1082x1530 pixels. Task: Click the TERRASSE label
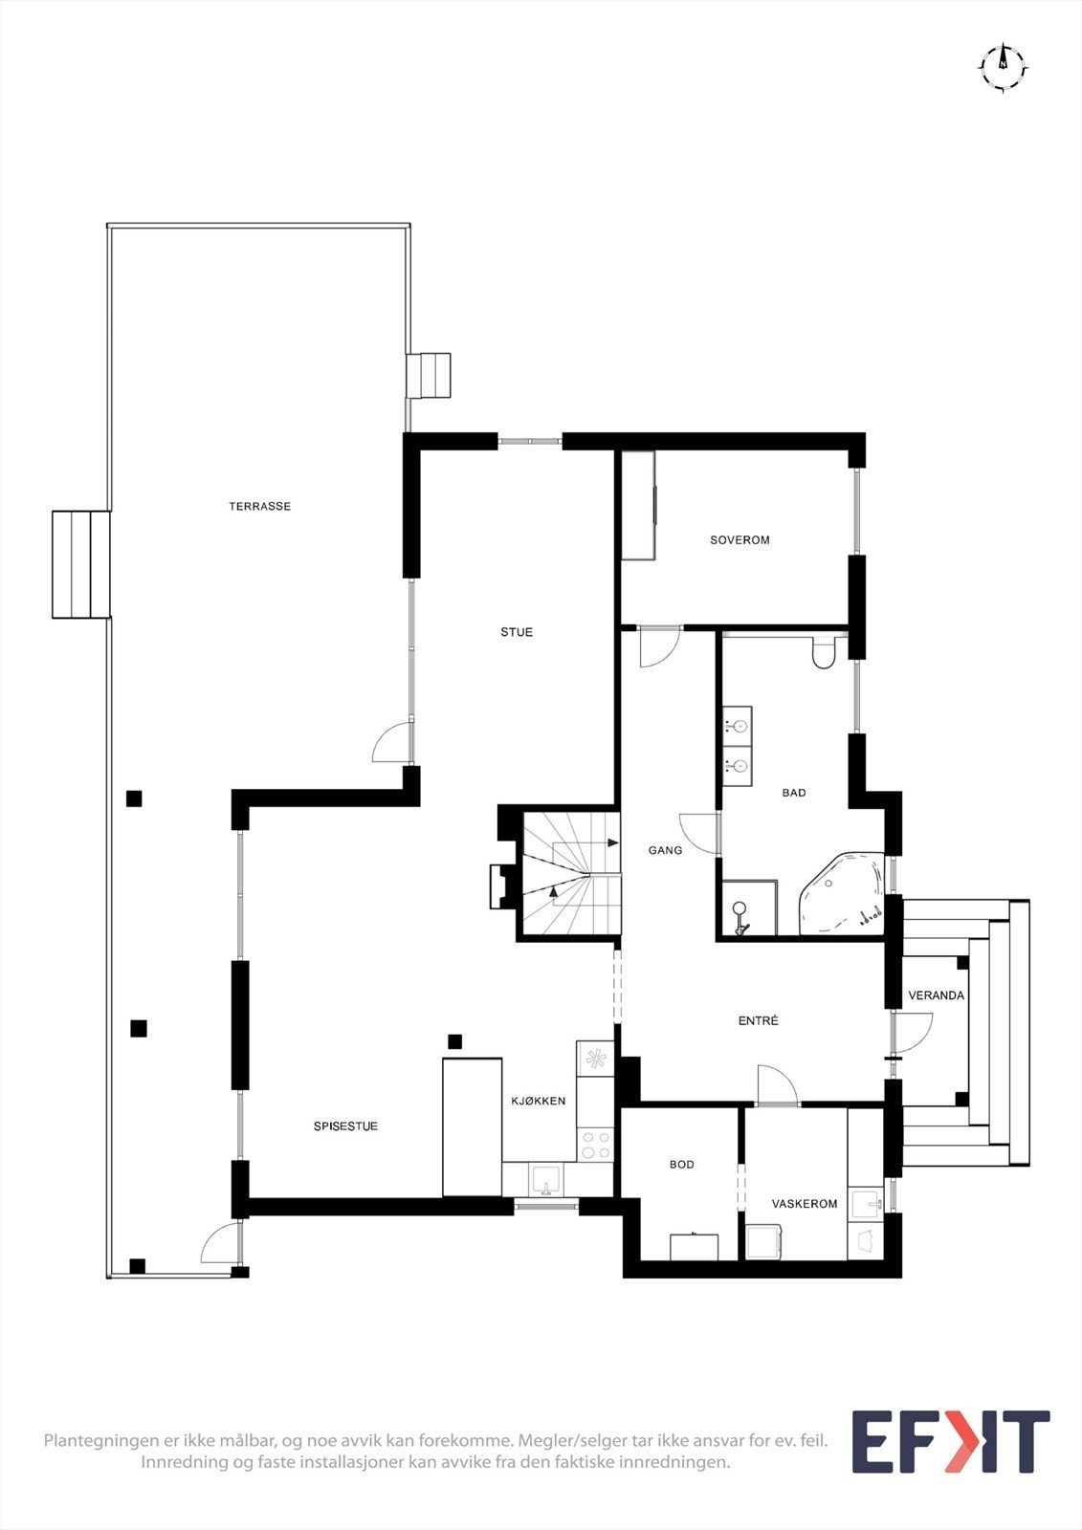(259, 506)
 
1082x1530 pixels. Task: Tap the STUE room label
(517, 632)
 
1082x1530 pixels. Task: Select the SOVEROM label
(740, 540)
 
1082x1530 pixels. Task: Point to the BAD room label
(794, 793)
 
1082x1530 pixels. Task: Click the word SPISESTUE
(345, 1126)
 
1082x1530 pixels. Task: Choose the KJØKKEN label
(538, 1101)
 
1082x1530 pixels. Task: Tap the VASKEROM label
(805, 1204)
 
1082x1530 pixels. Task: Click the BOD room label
(682, 1165)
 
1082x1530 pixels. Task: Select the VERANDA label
(936, 995)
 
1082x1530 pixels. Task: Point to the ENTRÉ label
(759, 1021)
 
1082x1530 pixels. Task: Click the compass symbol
(1003, 66)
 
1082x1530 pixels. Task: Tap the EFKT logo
(950, 1441)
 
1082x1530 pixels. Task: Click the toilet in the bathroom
(823, 654)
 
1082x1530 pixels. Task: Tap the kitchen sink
(546, 1179)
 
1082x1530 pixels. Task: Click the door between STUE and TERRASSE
(392, 743)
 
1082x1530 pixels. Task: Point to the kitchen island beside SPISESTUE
(473, 1126)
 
